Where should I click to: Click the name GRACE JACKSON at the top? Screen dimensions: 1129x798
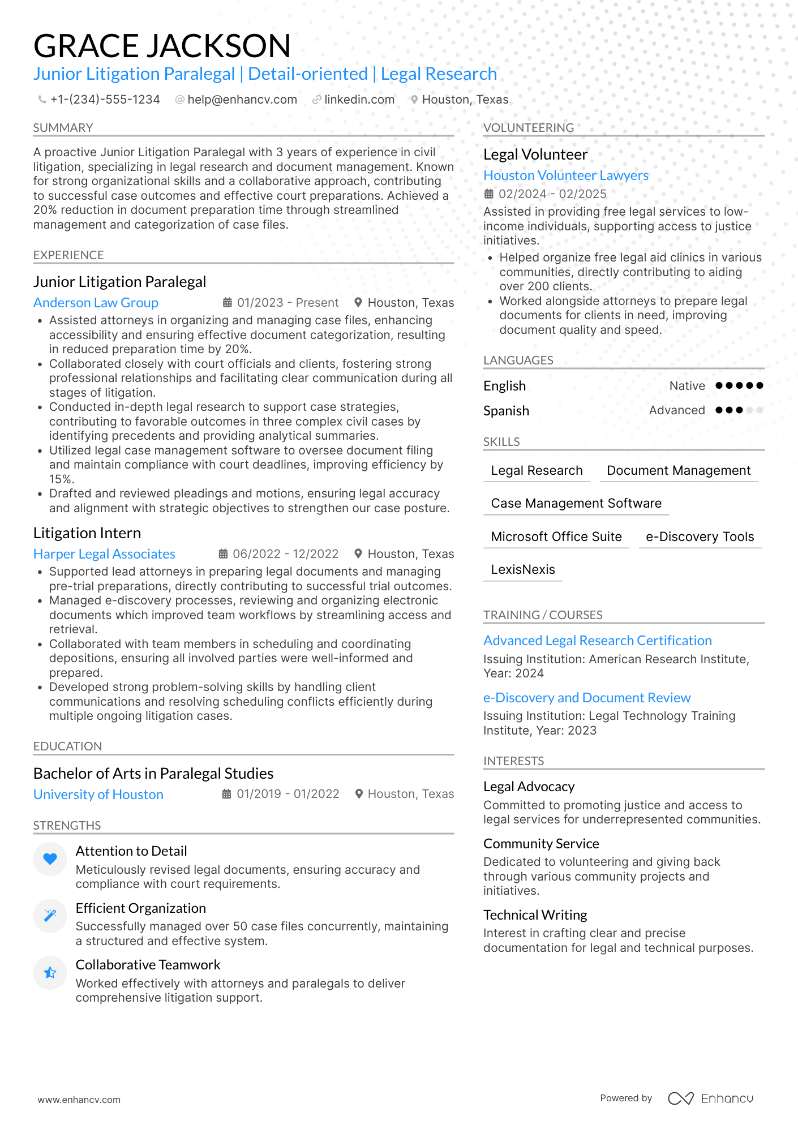(162, 46)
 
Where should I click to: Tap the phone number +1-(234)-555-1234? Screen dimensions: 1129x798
(105, 100)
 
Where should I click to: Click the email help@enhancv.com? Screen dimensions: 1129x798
(242, 100)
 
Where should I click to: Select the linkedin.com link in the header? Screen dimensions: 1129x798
(359, 100)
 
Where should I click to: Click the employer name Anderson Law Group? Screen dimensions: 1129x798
(96, 303)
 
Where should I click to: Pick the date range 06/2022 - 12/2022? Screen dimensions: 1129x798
(285, 554)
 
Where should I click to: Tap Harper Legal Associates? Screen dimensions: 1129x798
(104, 554)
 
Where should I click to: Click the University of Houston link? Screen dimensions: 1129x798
(98, 795)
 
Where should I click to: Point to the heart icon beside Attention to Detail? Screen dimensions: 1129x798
(50, 859)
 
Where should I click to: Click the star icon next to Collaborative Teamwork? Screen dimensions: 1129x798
(50, 973)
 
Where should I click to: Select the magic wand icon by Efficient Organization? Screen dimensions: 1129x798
(50, 916)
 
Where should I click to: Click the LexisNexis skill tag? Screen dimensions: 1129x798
(522, 569)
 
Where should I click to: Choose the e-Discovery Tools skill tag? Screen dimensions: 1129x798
(700, 536)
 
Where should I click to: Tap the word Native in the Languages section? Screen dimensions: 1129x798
(687, 386)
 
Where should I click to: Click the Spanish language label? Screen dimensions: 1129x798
(506, 411)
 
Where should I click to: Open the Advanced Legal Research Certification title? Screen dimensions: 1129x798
(597, 641)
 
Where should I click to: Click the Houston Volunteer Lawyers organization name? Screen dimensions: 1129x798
(565, 175)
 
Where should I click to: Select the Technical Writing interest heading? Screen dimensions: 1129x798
(535, 915)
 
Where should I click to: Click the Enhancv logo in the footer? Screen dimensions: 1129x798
(710, 1098)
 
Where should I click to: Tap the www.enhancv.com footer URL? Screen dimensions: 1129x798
(79, 1100)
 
